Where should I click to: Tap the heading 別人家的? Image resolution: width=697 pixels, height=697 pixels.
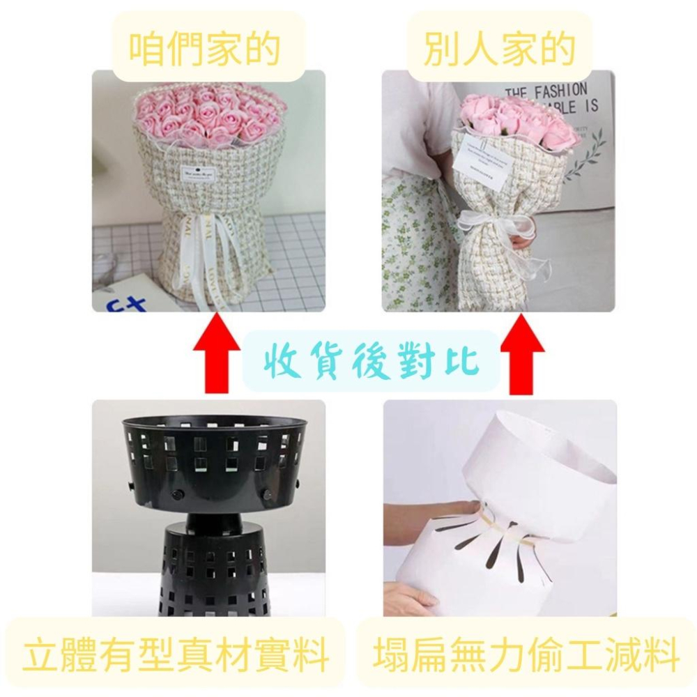click(x=499, y=47)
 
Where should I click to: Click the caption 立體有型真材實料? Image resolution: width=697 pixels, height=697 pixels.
click(x=175, y=657)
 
